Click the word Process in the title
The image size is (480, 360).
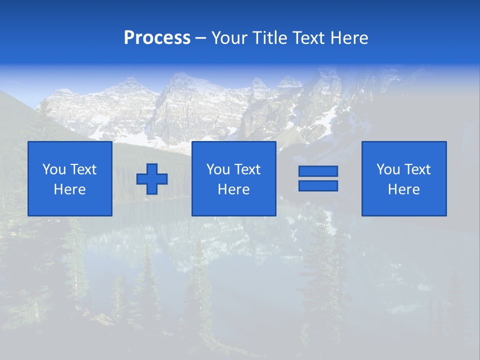tap(157, 38)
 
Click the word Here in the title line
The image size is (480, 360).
tap(349, 38)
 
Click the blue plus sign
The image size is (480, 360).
tap(152, 179)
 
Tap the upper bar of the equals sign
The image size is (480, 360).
tap(318, 171)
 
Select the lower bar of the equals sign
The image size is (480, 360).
tap(318, 185)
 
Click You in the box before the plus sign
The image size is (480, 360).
tap(54, 169)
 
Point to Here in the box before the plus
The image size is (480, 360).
tap(70, 189)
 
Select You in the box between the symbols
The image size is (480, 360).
tap(218, 169)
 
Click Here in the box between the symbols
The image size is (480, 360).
tap(234, 189)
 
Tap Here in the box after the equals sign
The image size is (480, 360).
tap(404, 189)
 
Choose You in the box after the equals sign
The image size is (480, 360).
tap(388, 169)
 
